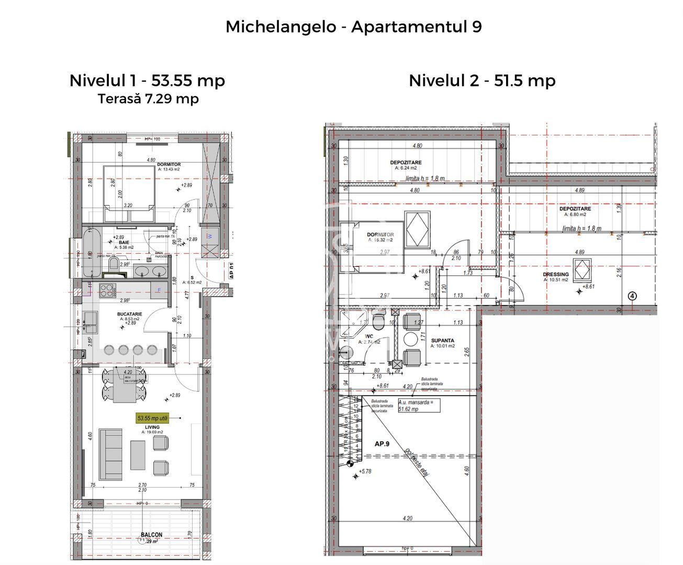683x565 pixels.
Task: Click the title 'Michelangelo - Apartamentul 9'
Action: click(x=353, y=27)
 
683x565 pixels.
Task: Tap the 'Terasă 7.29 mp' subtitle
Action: click(x=148, y=98)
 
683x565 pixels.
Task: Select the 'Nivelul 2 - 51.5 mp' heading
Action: click(x=482, y=81)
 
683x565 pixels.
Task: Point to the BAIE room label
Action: click(x=124, y=243)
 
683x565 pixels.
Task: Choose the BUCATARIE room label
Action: click(x=130, y=314)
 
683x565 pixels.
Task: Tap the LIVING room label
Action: click(x=152, y=427)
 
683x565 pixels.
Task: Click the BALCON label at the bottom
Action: click(x=151, y=535)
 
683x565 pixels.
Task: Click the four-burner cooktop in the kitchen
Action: click(x=106, y=290)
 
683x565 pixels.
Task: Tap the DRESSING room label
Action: click(x=555, y=274)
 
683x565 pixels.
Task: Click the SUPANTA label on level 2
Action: click(x=442, y=340)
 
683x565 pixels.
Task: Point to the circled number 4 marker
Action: click(x=633, y=296)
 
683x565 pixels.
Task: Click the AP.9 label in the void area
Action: click(x=382, y=444)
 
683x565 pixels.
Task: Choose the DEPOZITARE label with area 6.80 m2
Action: click(x=575, y=209)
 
